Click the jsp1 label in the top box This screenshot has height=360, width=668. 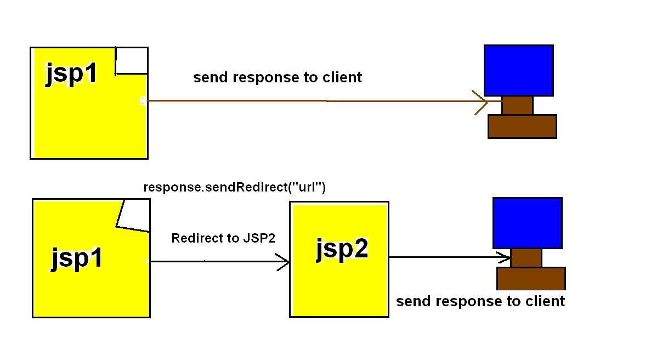point(71,73)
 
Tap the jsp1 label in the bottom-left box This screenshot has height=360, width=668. point(77,257)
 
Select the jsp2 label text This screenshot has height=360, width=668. point(342,249)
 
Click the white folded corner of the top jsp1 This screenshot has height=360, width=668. point(132,60)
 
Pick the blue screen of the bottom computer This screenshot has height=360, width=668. point(527,223)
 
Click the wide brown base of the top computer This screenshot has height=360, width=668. point(522,126)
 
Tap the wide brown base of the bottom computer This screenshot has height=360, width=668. point(531,278)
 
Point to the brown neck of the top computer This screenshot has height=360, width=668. point(517,105)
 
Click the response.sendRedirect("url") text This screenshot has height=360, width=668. point(234,187)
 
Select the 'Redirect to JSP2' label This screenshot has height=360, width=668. point(223,238)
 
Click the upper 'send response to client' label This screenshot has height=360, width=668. point(278,77)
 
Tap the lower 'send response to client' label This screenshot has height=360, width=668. point(480,301)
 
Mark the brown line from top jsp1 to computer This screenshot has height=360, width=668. point(307,101)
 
